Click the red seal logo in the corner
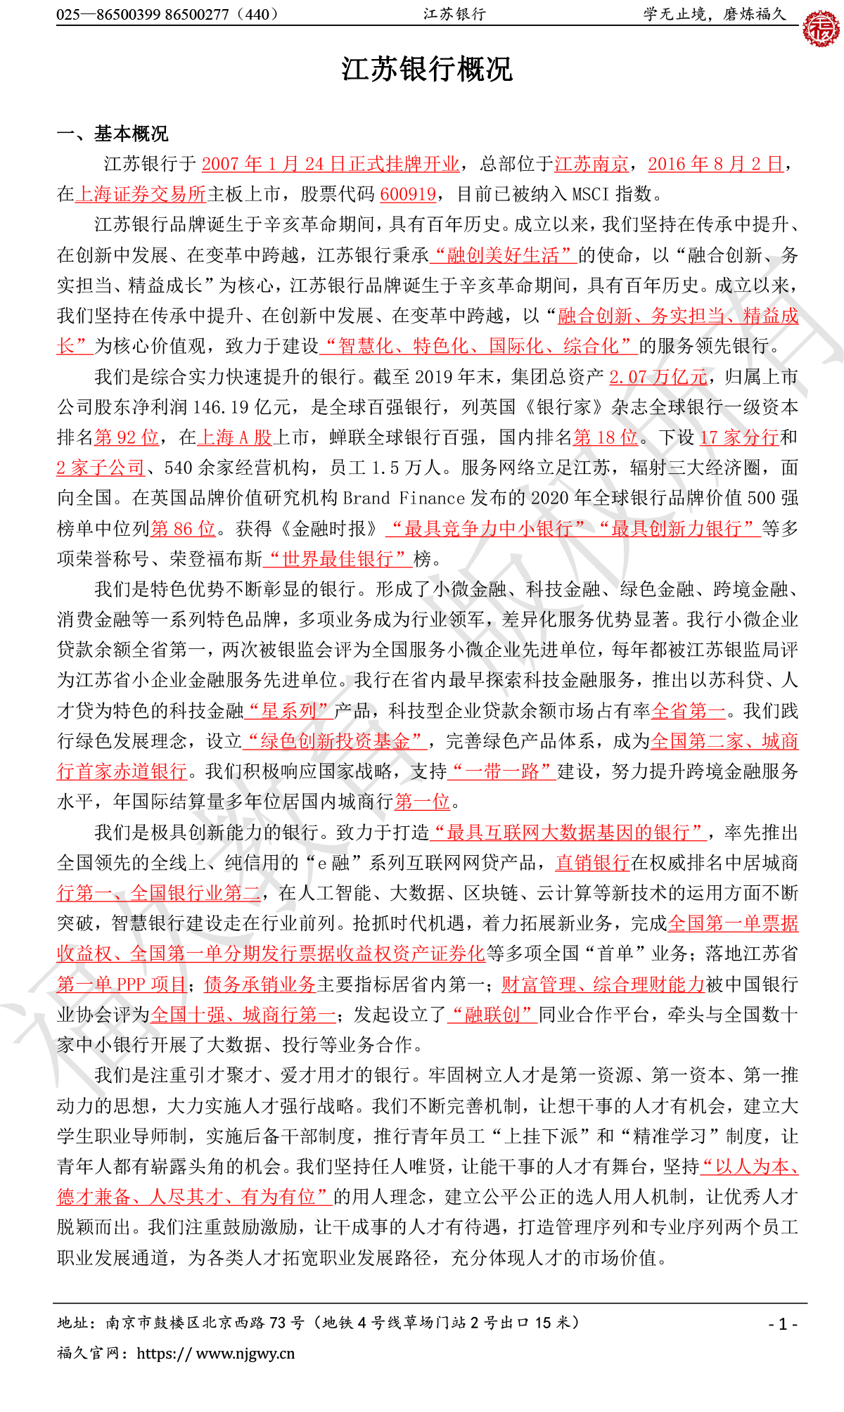(x=821, y=29)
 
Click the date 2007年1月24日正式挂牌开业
(x=331, y=165)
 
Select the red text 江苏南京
(x=592, y=165)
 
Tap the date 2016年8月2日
(x=715, y=165)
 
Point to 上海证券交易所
(x=141, y=195)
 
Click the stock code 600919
(x=408, y=195)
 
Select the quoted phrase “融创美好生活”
(x=503, y=255)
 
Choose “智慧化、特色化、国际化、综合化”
(x=478, y=347)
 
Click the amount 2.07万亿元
(x=658, y=378)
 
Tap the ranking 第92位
(x=127, y=438)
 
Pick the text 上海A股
(x=234, y=438)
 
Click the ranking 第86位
(x=183, y=529)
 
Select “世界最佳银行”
(x=338, y=560)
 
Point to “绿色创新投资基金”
(x=335, y=742)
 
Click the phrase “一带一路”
(x=501, y=772)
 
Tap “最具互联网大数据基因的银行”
(x=568, y=833)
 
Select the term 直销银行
(x=592, y=864)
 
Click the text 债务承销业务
(x=260, y=985)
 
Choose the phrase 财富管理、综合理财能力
(x=603, y=985)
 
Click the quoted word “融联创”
(x=492, y=1015)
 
